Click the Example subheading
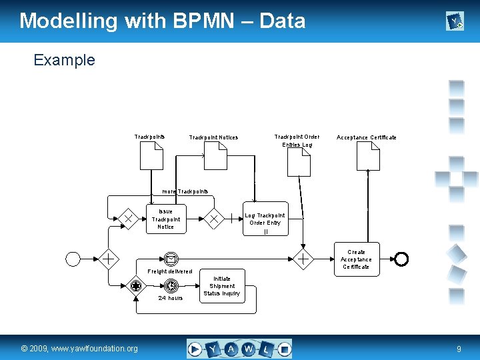[64, 60]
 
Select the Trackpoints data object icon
[151, 157]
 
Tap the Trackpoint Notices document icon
[215, 157]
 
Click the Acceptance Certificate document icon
[367, 157]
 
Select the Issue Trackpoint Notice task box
[165, 219]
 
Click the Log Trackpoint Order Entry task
[265, 219]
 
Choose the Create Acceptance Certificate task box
[356, 259]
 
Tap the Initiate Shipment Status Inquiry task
[221, 286]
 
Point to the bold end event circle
[401, 259]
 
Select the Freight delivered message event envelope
[171, 259]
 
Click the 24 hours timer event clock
[171, 286]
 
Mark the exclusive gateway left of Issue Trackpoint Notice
[127, 219]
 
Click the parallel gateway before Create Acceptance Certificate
[303, 259]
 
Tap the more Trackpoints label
[185, 191]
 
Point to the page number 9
[459, 349]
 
